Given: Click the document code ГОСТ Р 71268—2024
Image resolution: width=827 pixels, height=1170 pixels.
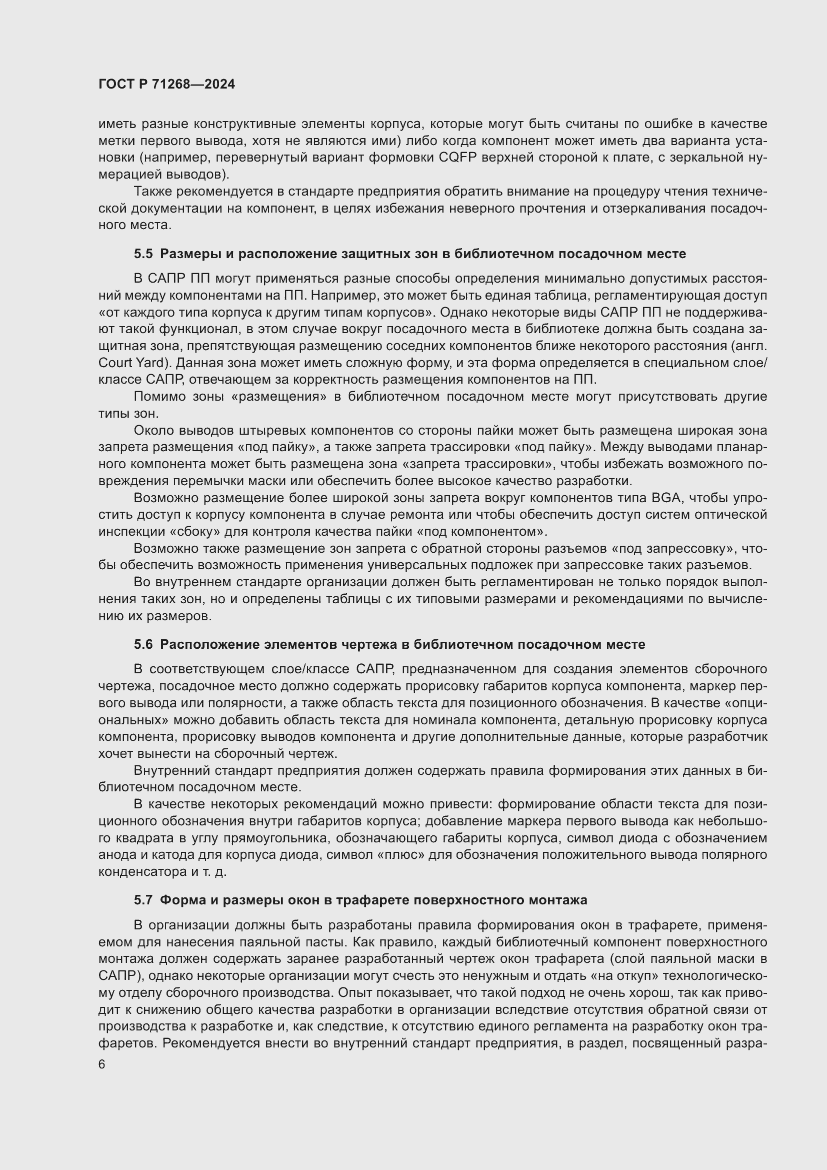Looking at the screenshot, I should tap(166, 84).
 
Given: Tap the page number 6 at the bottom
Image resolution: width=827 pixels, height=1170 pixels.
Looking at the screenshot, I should tap(102, 1065).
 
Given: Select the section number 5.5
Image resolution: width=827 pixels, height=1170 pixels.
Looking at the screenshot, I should tap(143, 254).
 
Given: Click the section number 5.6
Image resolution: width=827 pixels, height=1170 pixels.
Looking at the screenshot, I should tap(143, 645).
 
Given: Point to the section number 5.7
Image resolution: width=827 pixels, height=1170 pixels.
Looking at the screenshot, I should tap(143, 900).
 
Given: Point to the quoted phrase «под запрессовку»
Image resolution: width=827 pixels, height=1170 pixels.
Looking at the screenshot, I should tap(673, 549).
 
